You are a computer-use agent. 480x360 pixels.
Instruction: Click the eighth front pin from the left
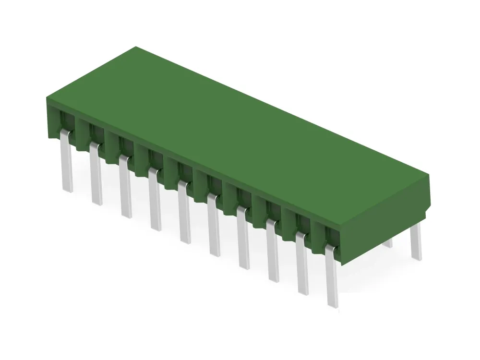click(273, 252)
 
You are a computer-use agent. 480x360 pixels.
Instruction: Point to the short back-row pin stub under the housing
click(388, 243)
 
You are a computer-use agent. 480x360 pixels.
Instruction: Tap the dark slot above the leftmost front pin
click(65, 120)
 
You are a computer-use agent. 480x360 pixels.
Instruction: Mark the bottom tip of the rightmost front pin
click(333, 303)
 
